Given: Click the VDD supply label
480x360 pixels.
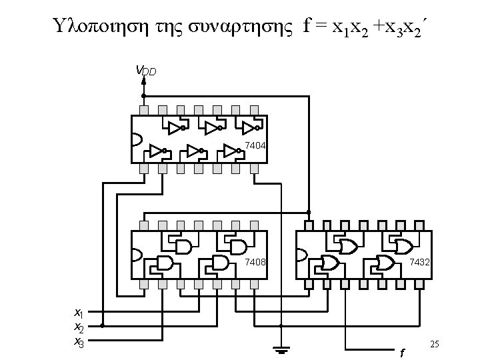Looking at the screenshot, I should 146,70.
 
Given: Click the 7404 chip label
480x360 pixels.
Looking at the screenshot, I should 255,145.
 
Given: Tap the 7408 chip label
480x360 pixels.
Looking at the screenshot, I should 255,262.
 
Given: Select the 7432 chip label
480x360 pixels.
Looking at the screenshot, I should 419,262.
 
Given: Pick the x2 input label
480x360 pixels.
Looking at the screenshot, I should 78,327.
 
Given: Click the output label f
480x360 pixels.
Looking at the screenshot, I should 401,352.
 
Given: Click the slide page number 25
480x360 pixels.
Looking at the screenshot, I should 435,343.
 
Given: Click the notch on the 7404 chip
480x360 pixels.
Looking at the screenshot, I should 137,139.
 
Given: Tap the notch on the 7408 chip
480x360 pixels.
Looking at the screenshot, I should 137,255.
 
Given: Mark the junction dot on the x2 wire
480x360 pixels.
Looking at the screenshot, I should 102,327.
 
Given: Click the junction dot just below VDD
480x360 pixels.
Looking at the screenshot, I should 143,95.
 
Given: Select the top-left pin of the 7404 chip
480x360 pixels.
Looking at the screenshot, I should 143,109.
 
